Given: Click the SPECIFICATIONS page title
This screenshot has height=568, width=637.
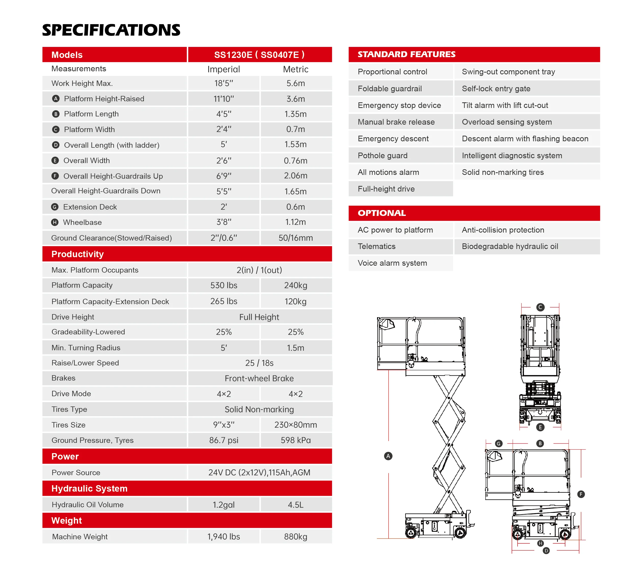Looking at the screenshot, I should point(111,30).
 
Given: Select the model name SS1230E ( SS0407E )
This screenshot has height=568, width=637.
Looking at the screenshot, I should point(259,55).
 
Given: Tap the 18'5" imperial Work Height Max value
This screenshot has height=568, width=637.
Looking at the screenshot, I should point(224,83).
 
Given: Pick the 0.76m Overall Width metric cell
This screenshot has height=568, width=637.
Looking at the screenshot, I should point(295,161).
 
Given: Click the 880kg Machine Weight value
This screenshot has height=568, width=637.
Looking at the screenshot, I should point(295,536).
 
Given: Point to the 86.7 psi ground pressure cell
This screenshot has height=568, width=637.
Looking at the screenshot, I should point(224,440).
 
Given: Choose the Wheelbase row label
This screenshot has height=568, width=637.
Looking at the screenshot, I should point(82,222).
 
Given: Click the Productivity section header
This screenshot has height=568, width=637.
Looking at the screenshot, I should point(78,254).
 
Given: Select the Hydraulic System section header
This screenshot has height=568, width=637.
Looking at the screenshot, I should point(89,489).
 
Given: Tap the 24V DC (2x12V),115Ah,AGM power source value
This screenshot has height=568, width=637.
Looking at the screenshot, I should point(259,473).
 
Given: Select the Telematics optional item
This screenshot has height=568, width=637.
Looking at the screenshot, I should point(376,246).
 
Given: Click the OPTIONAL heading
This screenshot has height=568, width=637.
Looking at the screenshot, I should point(382,213).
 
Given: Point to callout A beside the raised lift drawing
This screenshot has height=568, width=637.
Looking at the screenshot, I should point(388,456).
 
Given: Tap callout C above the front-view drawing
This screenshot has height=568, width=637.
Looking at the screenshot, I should point(540,307).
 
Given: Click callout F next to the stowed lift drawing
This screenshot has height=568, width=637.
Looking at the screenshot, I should point(581,494).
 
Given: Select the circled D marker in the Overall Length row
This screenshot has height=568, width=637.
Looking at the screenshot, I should point(56,145).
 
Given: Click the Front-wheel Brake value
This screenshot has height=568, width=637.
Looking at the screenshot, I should point(259,378).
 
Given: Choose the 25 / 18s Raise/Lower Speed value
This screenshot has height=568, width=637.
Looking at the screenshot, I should point(259,363).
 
